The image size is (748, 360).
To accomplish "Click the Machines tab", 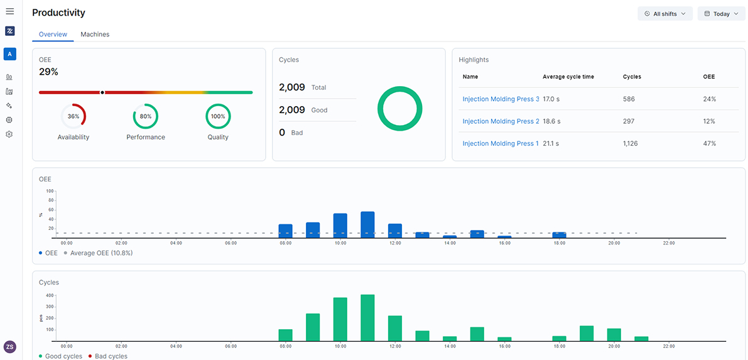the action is [x=95, y=35].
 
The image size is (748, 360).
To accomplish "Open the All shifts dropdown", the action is [x=664, y=14].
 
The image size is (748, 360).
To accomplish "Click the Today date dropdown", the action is [x=721, y=14].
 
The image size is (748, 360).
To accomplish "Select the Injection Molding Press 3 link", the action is [x=501, y=99].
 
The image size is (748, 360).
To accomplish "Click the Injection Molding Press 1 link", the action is [x=501, y=143].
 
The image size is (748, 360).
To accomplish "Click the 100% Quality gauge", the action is [x=218, y=104].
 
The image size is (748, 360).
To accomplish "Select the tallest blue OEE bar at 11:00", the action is [x=368, y=224].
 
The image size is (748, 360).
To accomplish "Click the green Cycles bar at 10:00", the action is [x=340, y=319].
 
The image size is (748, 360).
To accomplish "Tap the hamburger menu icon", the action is [x=9, y=11].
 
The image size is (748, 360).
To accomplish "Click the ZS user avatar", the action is [x=9, y=347].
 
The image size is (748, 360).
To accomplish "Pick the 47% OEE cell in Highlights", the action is [x=709, y=143].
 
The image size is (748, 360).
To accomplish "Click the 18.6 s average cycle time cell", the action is [x=551, y=121].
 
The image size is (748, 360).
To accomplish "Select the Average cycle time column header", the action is [x=568, y=77].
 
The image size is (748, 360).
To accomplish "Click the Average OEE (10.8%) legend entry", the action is [x=98, y=253].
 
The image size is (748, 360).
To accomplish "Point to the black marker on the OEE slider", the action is [x=102, y=92].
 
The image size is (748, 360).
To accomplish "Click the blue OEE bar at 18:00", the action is [x=559, y=235].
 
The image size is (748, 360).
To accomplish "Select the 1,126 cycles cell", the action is [x=631, y=143].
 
